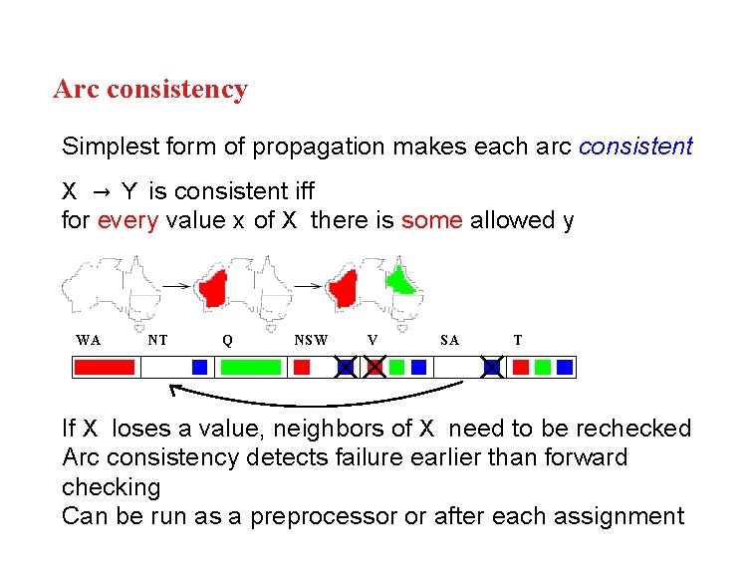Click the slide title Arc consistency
(150, 90)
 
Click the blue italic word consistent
(635, 146)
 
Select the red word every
(127, 220)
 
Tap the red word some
(431, 220)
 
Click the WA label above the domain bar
(88, 340)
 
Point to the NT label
(157, 340)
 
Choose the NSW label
(311, 340)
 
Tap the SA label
(449, 340)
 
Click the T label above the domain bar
(517, 340)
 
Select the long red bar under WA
(105, 368)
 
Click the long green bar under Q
(251, 368)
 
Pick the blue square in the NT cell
(199, 368)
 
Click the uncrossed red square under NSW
(302, 368)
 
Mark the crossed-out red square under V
(374, 368)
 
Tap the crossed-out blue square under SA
(492, 368)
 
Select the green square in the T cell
(543, 368)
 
